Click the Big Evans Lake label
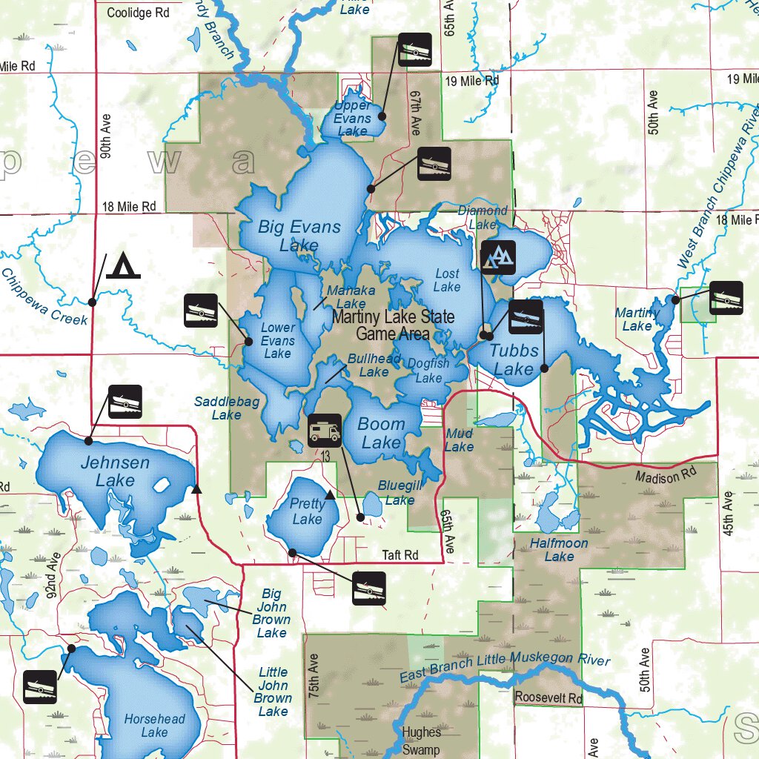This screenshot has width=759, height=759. click(299, 236)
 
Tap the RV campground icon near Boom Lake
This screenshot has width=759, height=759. click(324, 430)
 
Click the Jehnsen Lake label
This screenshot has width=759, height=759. click(115, 471)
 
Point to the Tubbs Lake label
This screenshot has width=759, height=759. click(513, 360)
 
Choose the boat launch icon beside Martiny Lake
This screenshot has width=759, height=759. click(726, 298)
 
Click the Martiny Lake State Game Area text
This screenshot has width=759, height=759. click(393, 325)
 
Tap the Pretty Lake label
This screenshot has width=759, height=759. click(307, 511)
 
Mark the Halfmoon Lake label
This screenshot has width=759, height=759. click(559, 549)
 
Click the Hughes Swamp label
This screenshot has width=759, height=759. click(421, 740)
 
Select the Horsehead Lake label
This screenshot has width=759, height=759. click(154, 726)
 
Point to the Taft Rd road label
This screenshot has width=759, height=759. click(400, 555)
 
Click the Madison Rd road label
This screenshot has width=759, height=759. click(667, 477)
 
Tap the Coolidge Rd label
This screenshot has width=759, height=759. click(138, 13)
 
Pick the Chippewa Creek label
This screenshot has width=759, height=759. click(44, 296)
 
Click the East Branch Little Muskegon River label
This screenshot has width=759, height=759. click(504, 666)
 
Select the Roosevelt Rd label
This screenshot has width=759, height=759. click(548, 697)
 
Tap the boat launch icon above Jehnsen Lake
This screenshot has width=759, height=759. click(125, 402)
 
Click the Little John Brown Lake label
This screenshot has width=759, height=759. click(272, 692)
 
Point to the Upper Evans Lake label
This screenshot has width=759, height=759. click(352, 119)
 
